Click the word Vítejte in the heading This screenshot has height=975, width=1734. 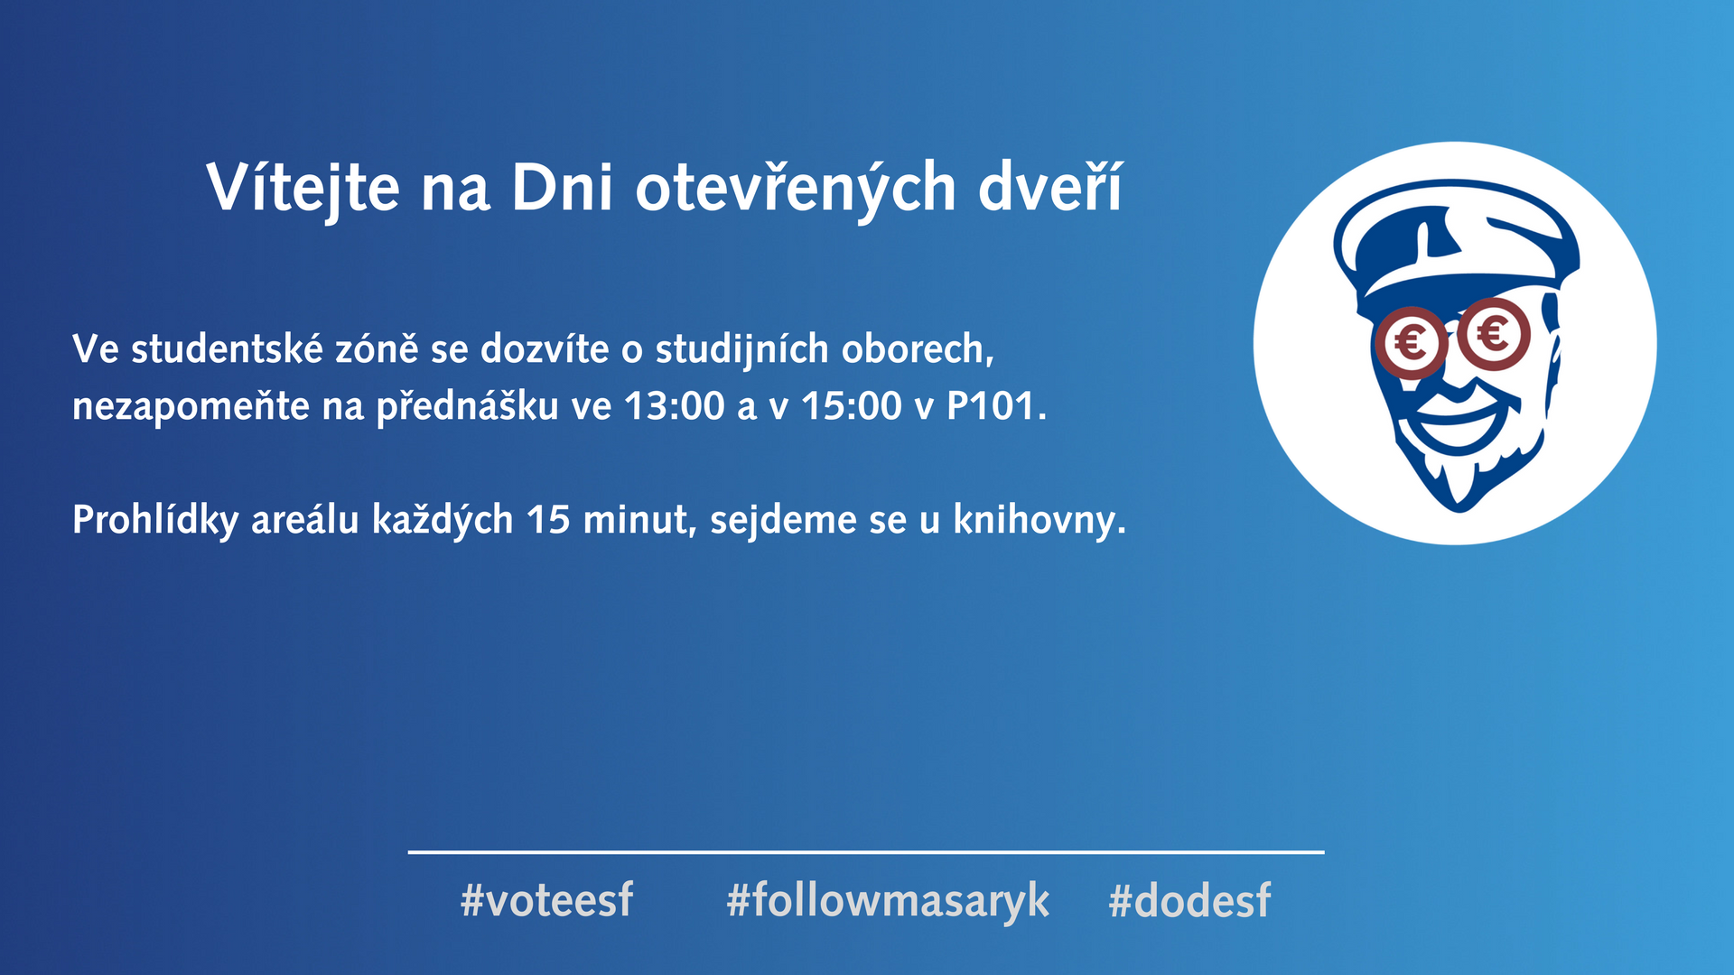pyautogui.click(x=303, y=190)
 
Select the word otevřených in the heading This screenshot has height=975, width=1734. pyautogui.click(x=796, y=190)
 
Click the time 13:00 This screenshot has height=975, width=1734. pyautogui.click(x=674, y=406)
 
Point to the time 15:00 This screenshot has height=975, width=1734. pyautogui.click(x=852, y=406)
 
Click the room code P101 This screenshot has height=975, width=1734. pyautogui.click(x=991, y=406)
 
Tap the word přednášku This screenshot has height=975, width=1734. pyautogui.click(x=468, y=406)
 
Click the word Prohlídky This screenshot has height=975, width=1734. pyautogui.click(x=155, y=520)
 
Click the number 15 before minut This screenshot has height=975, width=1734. pyautogui.click(x=548, y=520)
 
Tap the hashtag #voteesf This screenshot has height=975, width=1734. pyautogui.click(x=547, y=900)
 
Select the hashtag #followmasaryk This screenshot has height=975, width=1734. pyautogui.click(x=888, y=901)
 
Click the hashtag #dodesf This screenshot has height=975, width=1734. pyautogui.click(x=1189, y=900)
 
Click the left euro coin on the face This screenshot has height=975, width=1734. pyautogui.click(x=1410, y=342)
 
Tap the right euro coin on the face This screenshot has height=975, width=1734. pyautogui.click(x=1493, y=335)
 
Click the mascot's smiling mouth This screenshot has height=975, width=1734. pyautogui.click(x=1456, y=418)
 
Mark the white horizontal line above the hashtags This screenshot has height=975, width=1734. pyautogui.click(x=866, y=851)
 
